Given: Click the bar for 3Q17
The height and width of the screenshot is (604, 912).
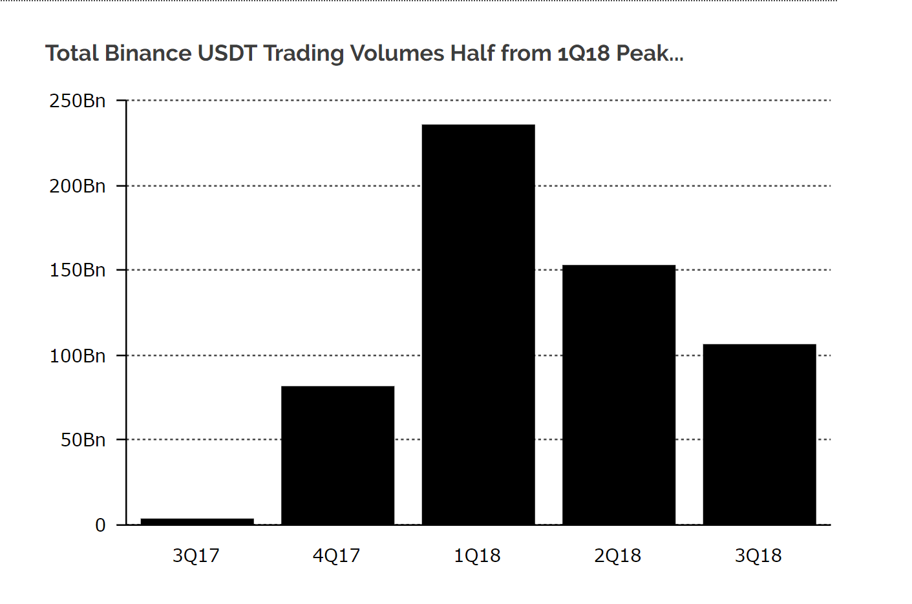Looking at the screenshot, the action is pyautogui.click(x=197, y=522).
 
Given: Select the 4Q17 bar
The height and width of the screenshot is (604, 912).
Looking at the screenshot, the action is pyautogui.click(x=338, y=455).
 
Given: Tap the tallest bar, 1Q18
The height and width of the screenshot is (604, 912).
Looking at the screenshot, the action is pyautogui.click(x=478, y=325).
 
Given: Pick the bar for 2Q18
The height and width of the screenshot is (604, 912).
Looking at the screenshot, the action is pyautogui.click(x=619, y=395).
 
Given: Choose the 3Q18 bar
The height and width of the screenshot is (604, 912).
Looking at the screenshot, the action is pyautogui.click(x=759, y=435).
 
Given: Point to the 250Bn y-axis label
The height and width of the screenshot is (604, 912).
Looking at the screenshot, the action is pyautogui.click(x=78, y=101).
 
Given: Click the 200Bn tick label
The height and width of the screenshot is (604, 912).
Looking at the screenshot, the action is pyautogui.click(x=78, y=187).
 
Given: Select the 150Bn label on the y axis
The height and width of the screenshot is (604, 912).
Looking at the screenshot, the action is pyautogui.click(x=78, y=270).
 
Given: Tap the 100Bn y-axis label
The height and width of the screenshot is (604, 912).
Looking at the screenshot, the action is pyautogui.click(x=78, y=356).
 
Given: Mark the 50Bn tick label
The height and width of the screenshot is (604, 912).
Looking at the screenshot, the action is pyautogui.click(x=83, y=440).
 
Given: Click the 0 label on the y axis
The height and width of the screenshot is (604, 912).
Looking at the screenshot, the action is pyautogui.click(x=101, y=525).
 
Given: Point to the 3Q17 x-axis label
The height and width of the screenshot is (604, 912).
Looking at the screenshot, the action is pyautogui.click(x=196, y=556).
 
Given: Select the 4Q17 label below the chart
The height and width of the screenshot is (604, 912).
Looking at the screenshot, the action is pyautogui.click(x=336, y=556).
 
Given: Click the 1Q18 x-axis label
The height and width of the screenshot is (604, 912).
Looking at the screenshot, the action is pyautogui.click(x=477, y=556).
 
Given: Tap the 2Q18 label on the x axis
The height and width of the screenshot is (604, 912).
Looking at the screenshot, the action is pyautogui.click(x=618, y=556).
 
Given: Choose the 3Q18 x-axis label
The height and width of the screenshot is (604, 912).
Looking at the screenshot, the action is pyautogui.click(x=758, y=556).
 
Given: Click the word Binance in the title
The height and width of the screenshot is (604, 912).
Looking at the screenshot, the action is pyautogui.click(x=148, y=54).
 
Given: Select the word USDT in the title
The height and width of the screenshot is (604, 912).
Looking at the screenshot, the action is pyautogui.click(x=227, y=54).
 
